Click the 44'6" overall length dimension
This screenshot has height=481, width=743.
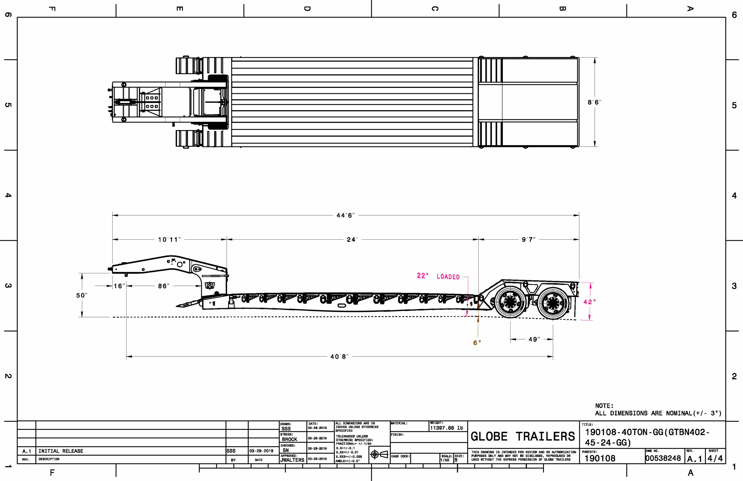pos(345,216)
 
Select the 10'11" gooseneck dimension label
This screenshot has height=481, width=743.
pos(169,240)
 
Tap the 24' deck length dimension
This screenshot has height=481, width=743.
pos(352,240)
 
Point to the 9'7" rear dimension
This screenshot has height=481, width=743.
pos(529,240)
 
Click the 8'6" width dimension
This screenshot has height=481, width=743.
pos(594,102)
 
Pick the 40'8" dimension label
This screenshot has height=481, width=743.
pos(340,357)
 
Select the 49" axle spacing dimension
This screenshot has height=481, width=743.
pos(534,340)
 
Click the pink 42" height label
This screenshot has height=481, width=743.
pos(589,302)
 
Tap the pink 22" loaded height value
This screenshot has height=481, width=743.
pos(423,275)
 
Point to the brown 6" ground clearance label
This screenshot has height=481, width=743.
pos(477,343)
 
